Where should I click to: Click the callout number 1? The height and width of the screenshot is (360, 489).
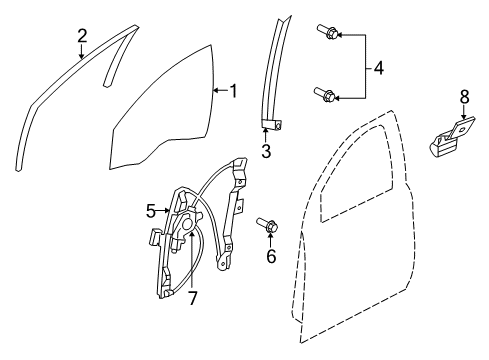point(233,92)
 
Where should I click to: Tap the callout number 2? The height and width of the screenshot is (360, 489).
point(82,36)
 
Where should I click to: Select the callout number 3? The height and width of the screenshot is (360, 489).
point(265,150)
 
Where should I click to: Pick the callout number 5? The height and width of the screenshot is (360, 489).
point(152,210)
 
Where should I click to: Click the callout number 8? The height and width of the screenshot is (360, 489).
point(463,97)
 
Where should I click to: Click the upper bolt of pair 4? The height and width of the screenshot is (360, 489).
point(329,34)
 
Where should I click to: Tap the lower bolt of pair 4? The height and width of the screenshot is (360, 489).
point(328,96)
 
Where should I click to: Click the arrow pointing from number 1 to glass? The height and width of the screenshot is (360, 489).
point(219,92)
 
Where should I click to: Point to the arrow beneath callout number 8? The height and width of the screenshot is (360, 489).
point(462,114)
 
